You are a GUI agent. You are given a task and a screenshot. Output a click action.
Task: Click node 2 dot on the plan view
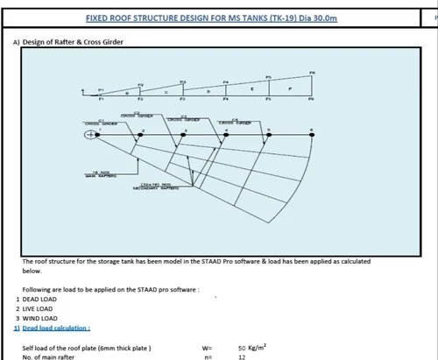point(138,133)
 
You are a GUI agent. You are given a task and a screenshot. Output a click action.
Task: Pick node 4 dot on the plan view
point(226,133)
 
